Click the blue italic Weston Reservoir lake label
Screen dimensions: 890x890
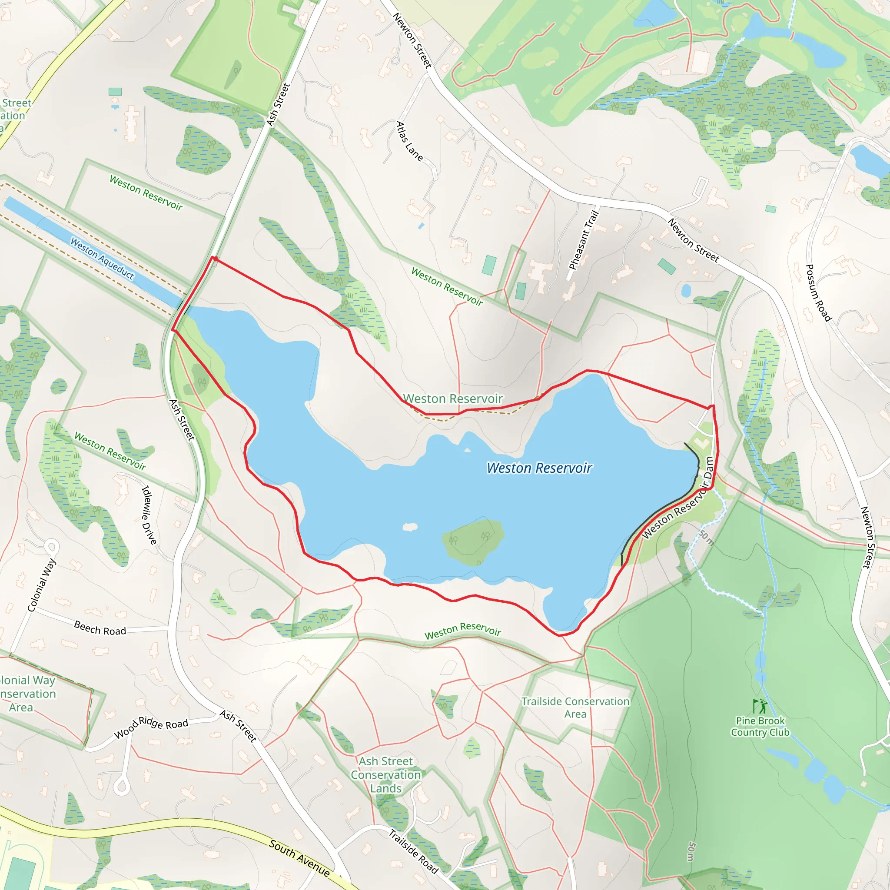pos(539,468)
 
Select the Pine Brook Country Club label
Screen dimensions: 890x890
pos(760,727)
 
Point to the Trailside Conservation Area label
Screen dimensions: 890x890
pos(575,707)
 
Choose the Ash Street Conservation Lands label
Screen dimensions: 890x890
pos(386,775)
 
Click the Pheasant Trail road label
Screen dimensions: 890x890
pos(583,239)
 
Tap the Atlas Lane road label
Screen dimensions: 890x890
pos(409,141)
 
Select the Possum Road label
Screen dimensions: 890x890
pos(818,292)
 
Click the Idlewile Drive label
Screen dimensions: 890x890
pos(149,515)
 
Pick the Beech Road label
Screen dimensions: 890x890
pos(100,628)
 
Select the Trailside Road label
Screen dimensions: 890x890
pos(413,851)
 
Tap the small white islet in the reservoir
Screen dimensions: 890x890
pos(409,527)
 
